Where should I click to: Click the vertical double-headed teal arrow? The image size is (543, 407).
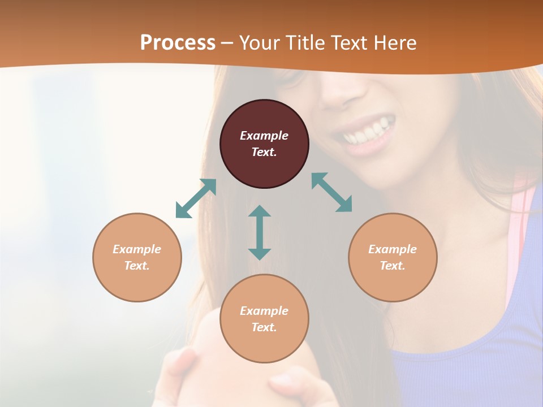(x=260, y=232)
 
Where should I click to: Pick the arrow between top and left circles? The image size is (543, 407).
(x=196, y=198)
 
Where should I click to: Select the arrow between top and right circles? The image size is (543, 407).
(x=332, y=192)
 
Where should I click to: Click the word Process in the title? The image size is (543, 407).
(x=178, y=43)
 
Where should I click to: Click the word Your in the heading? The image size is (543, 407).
(x=259, y=43)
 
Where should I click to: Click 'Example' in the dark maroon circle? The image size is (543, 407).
(x=264, y=136)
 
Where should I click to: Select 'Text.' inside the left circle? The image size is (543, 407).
(x=137, y=266)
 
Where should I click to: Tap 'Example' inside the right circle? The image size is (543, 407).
(x=393, y=249)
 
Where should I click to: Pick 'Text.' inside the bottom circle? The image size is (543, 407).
(x=264, y=327)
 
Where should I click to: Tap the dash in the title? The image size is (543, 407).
(x=227, y=43)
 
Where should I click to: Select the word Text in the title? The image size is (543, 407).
(x=350, y=43)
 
